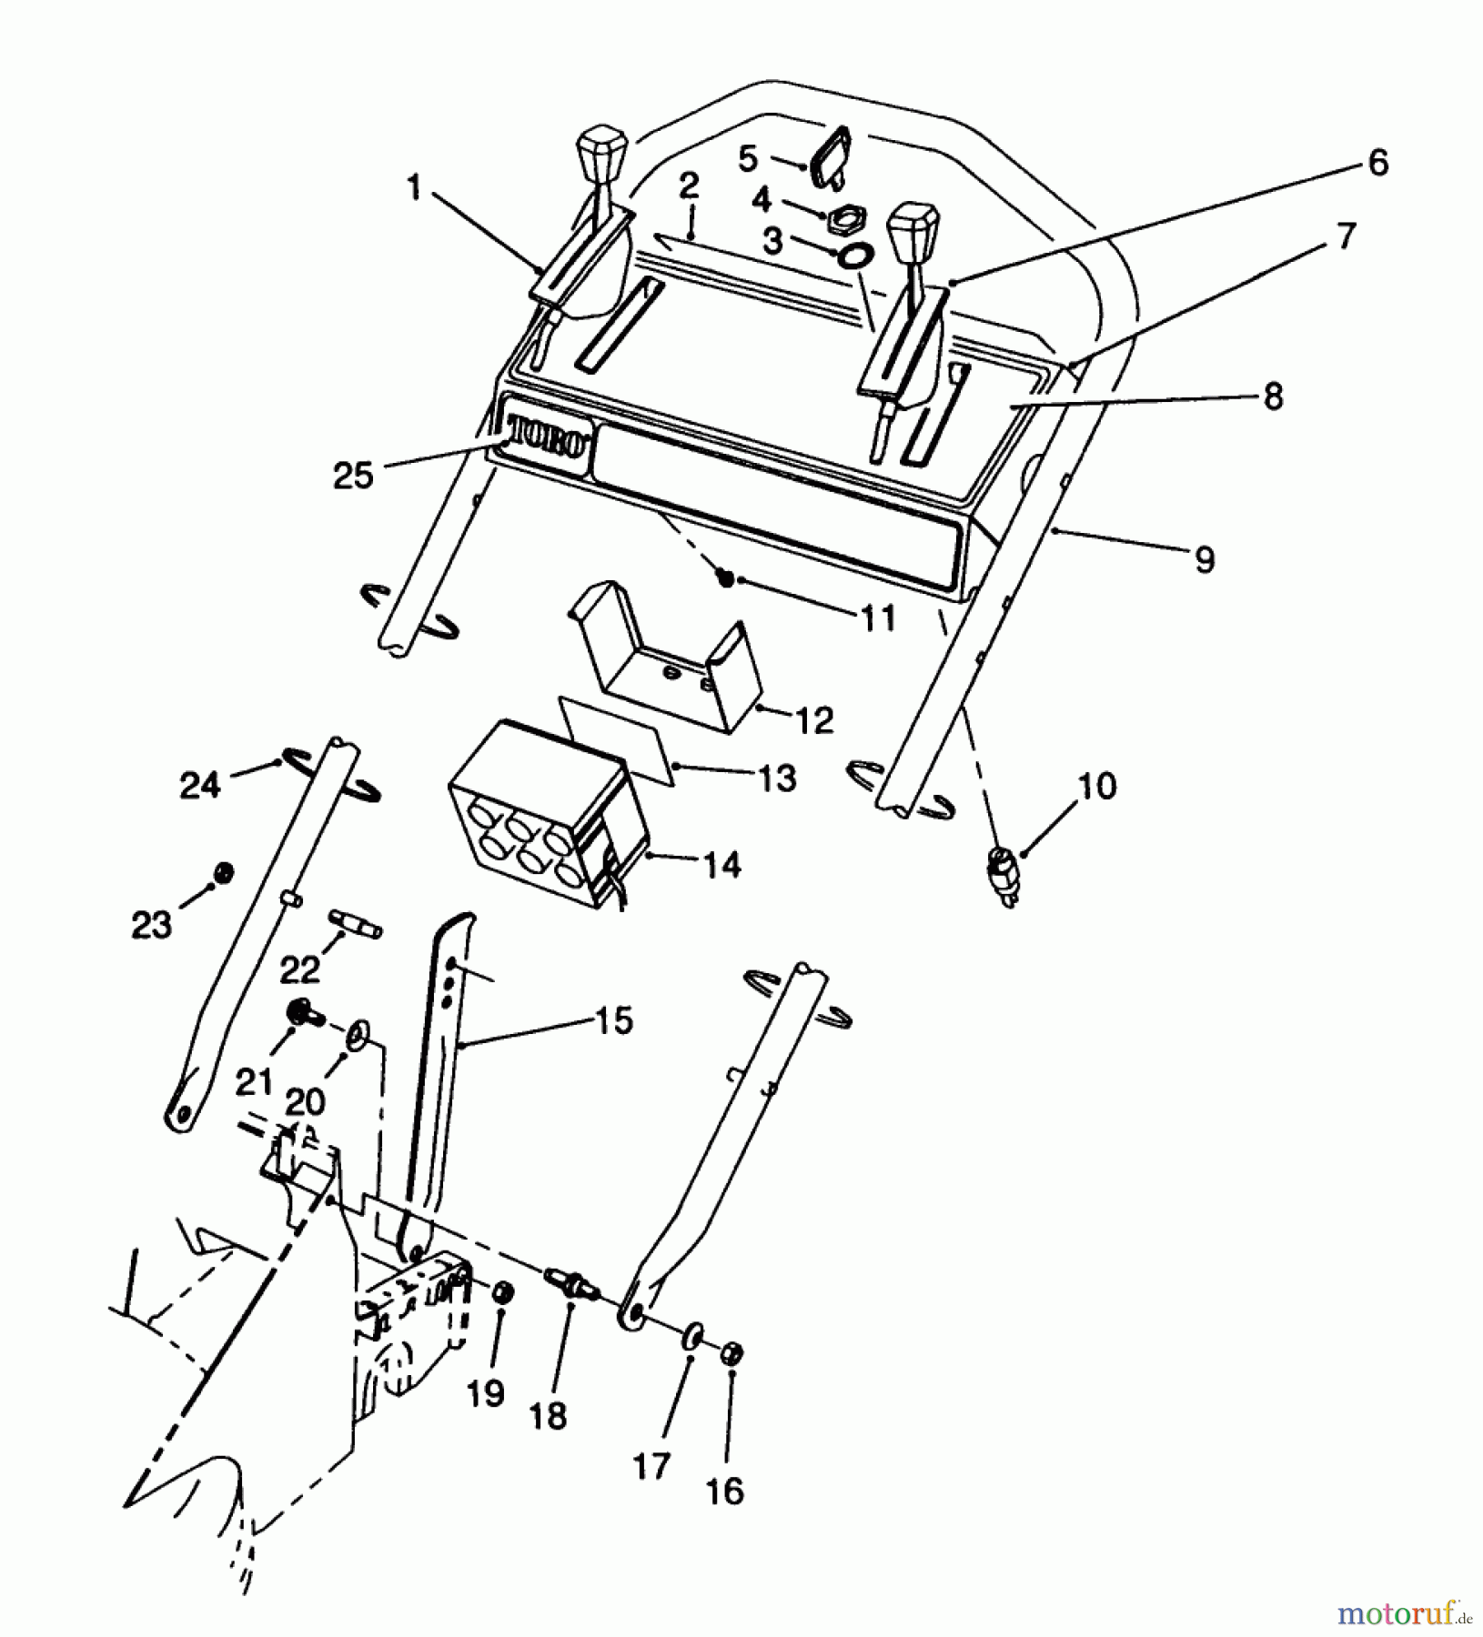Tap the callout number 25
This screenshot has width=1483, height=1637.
point(354,476)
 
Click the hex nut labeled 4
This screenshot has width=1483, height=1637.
point(844,218)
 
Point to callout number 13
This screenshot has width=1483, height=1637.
point(777,778)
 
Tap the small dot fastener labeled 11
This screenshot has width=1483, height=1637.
point(726,577)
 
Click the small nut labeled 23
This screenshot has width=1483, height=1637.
point(221,873)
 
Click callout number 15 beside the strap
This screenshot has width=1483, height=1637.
point(615,1020)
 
